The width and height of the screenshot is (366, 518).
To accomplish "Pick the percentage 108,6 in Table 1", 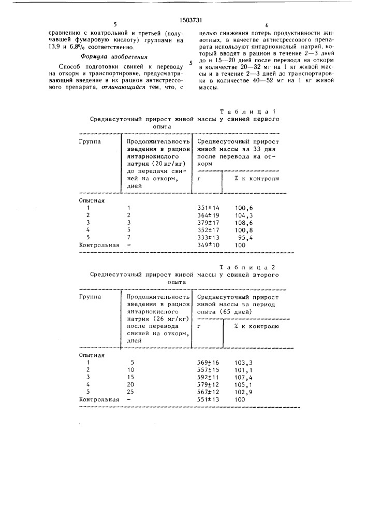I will (243, 222).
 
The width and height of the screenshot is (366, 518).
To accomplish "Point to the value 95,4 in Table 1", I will (245, 237).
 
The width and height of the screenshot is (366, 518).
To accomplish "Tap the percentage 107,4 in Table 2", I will (243, 377).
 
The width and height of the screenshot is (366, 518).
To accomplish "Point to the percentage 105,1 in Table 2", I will (243, 385).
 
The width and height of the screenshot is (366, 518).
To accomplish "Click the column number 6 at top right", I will (267, 25).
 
